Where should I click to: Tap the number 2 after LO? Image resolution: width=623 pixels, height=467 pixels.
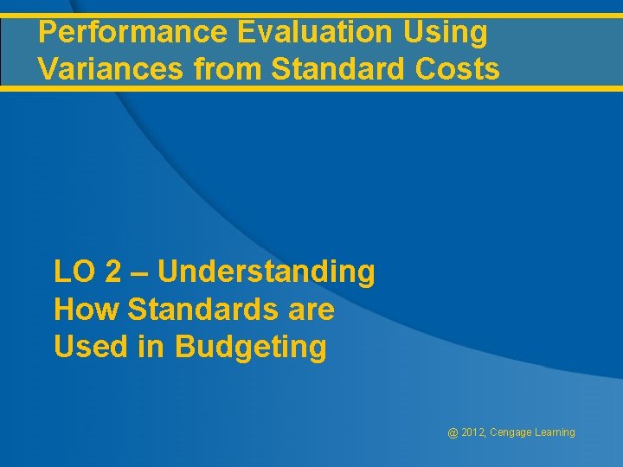click(113, 272)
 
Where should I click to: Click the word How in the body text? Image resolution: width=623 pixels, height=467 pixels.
click(82, 310)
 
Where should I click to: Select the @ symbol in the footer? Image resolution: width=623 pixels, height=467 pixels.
click(453, 432)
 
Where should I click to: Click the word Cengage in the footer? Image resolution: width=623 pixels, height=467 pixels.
click(512, 433)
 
